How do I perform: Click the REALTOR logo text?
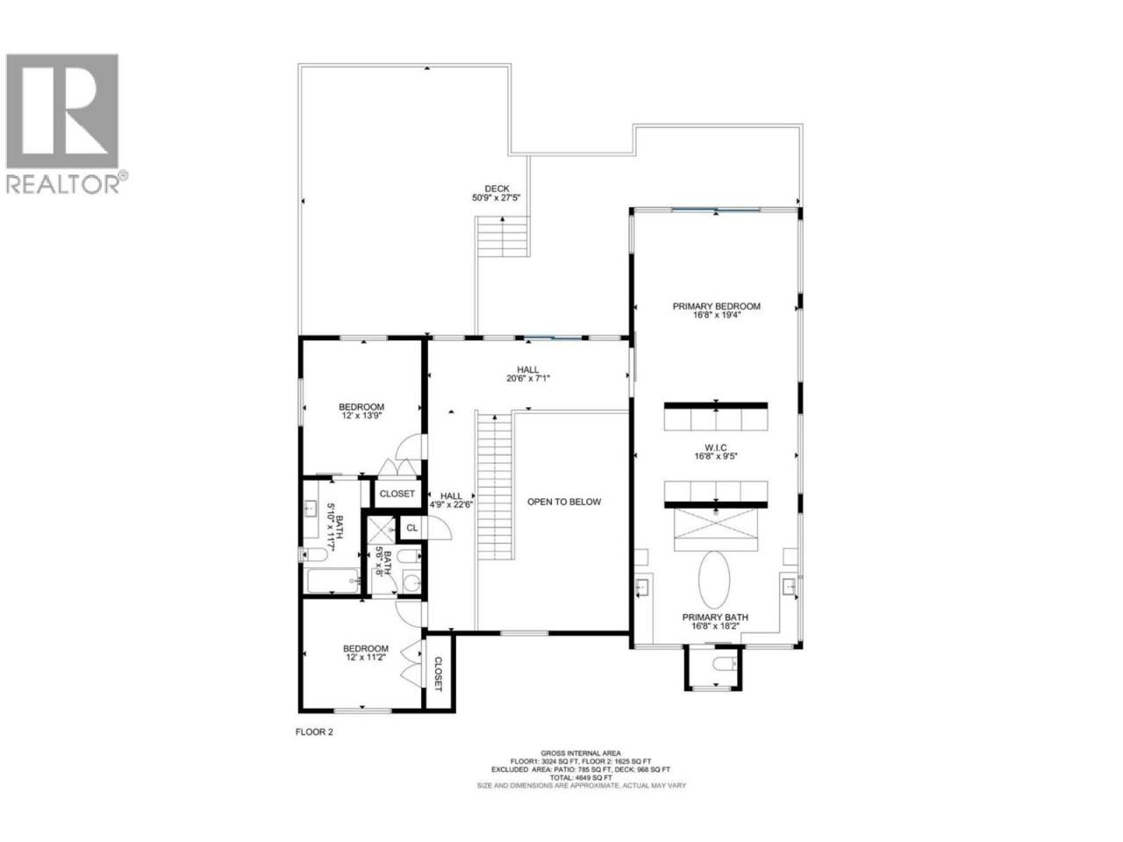click(64, 183)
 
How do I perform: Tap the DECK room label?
click(497, 189)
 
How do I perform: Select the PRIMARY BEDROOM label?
click(716, 306)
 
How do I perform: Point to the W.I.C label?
click(716, 447)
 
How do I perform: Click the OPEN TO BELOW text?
click(564, 502)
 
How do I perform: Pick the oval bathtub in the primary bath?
click(714, 579)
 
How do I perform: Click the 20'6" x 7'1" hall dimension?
click(527, 378)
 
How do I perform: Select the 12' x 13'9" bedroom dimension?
click(361, 416)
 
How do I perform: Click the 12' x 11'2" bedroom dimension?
click(365, 657)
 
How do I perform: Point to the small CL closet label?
click(412, 528)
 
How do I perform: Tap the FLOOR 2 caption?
click(314, 731)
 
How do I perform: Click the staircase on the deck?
click(503, 236)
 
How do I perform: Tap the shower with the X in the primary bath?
click(716, 530)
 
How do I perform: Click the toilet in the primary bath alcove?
click(725, 664)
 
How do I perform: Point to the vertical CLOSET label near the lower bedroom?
click(438, 674)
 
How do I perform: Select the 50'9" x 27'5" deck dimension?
click(496, 197)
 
